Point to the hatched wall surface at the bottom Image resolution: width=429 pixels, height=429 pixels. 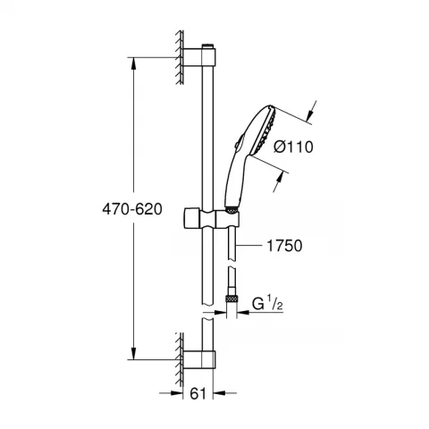(x=179, y=352)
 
